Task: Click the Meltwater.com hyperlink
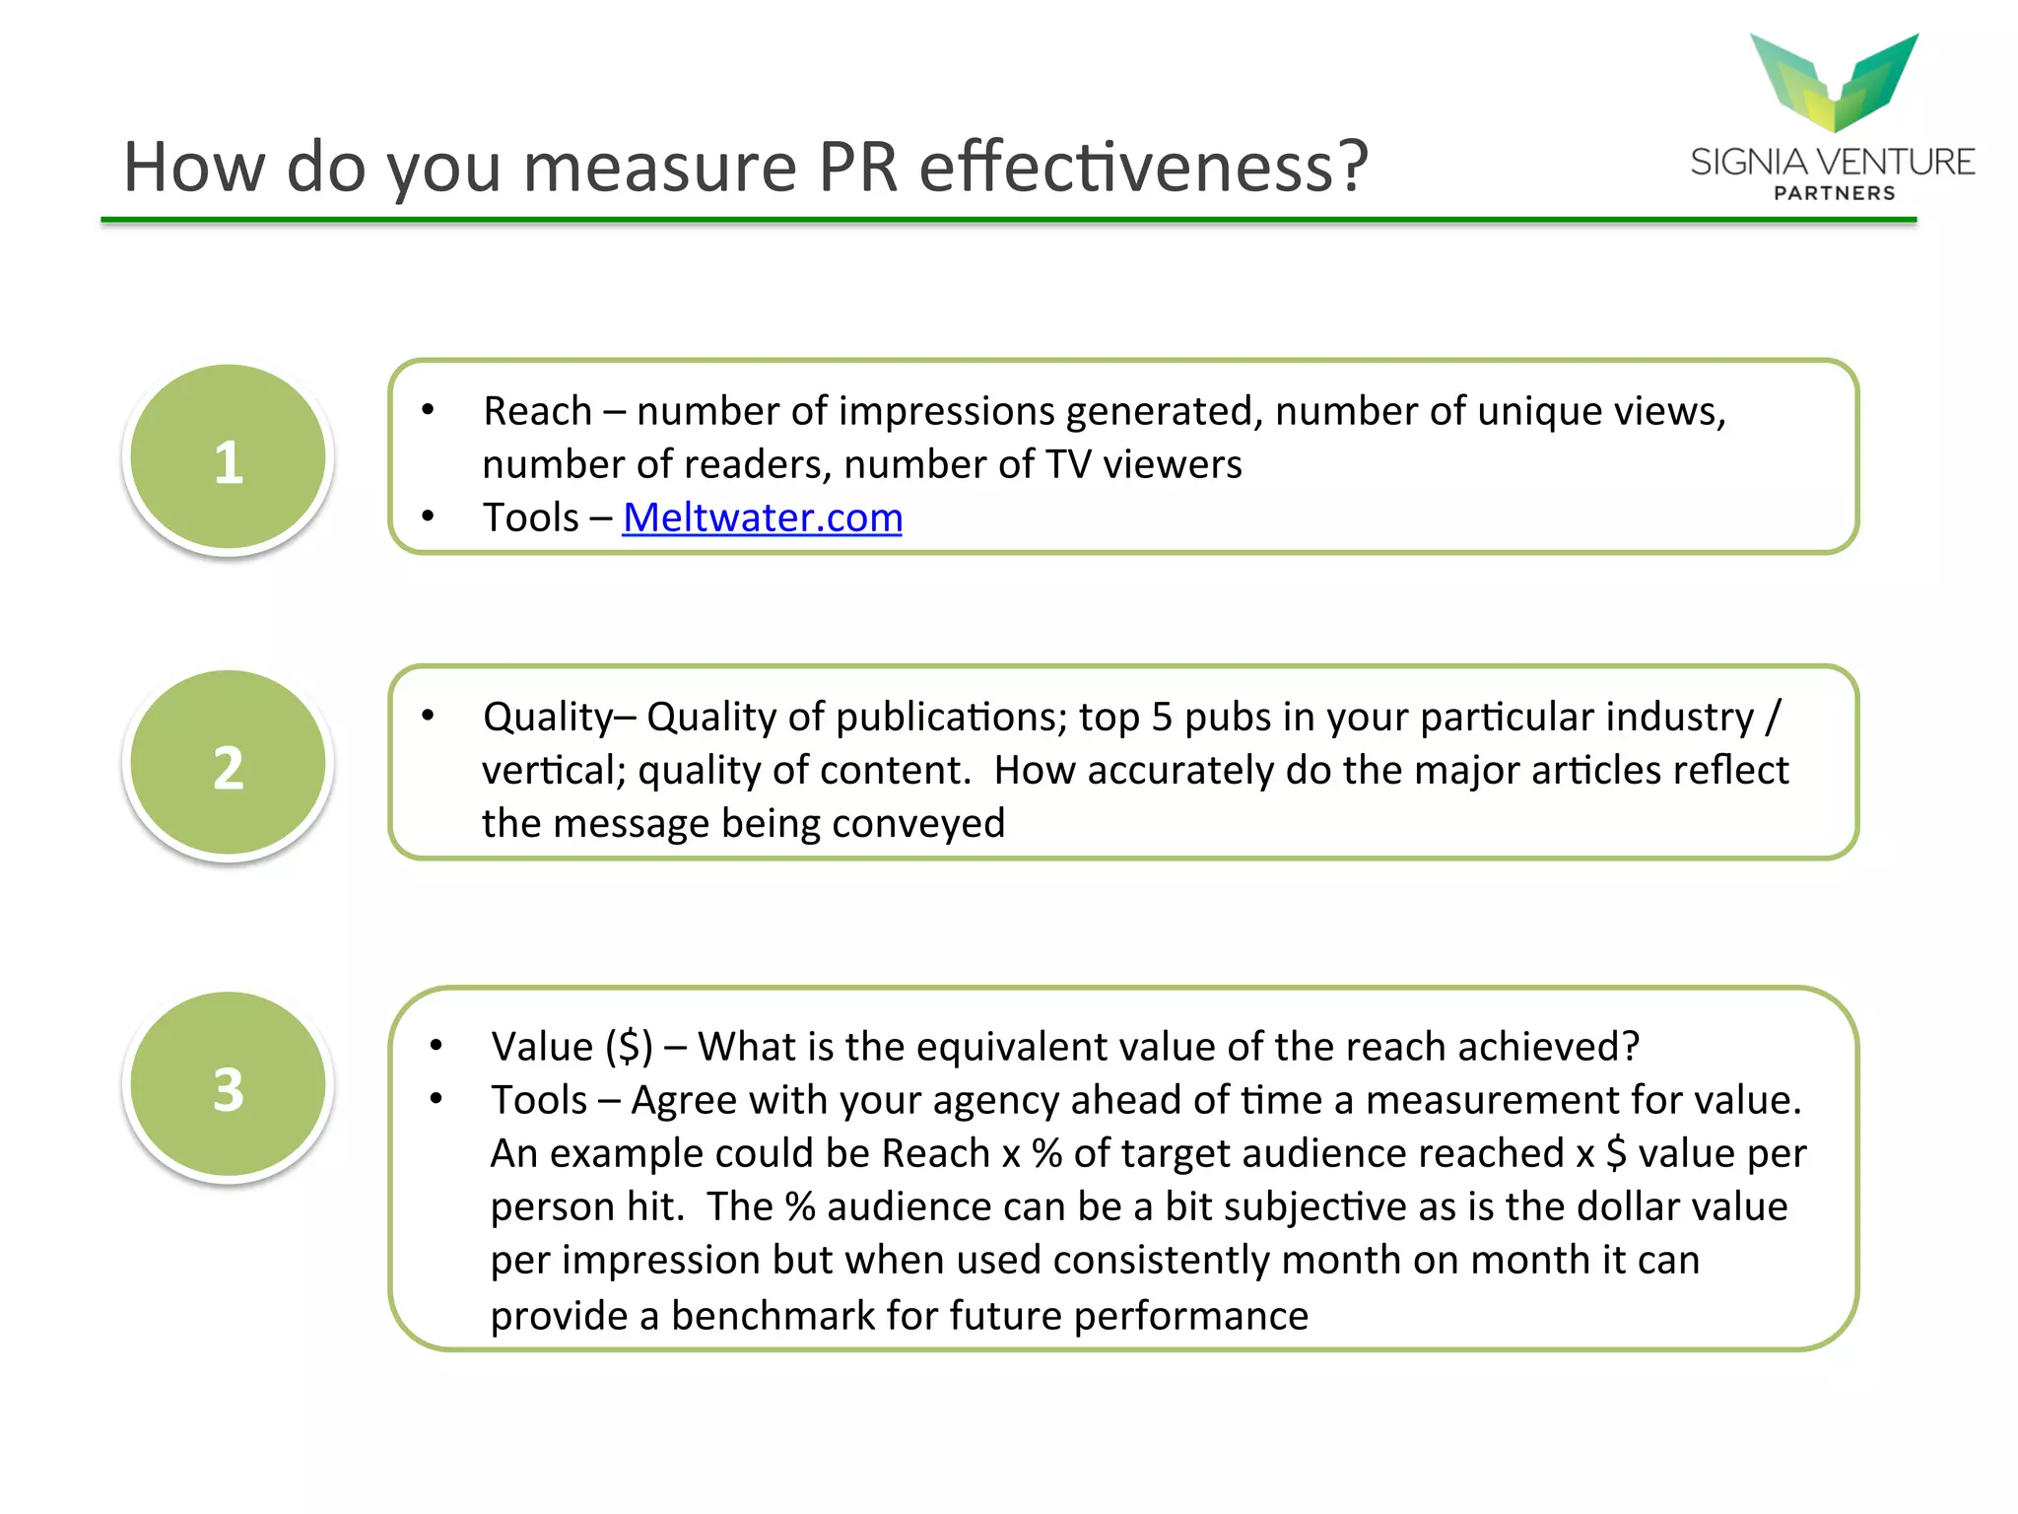(762, 518)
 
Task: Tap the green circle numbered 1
(229, 458)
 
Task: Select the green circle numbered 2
(229, 764)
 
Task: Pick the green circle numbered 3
(229, 1086)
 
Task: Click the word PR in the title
(857, 168)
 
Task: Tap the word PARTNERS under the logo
(1834, 193)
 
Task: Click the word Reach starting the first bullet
(537, 412)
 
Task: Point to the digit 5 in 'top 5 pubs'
(1162, 718)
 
